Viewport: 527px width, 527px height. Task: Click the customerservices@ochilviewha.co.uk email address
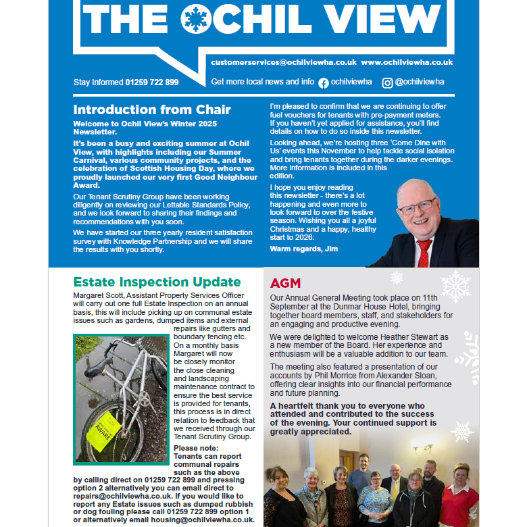(284, 62)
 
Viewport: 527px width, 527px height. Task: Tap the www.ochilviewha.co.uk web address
(407, 62)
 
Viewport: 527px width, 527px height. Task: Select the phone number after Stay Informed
(152, 82)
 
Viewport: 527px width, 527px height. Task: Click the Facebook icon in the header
(324, 82)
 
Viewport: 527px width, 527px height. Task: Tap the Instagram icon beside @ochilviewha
(388, 82)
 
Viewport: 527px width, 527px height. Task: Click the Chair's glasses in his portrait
(416, 205)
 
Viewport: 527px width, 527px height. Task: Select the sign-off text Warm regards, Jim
(304, 249)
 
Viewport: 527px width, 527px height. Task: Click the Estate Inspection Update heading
(157, 282)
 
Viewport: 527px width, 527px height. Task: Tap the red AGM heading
(285, 282)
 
